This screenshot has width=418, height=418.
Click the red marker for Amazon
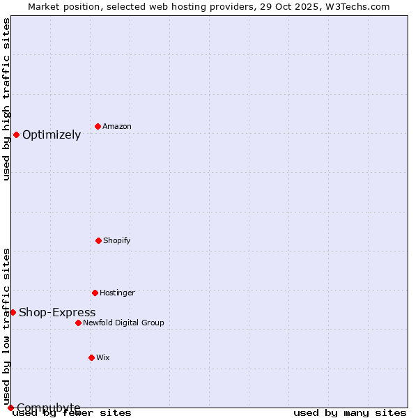point(98,126)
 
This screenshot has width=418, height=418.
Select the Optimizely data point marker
point(16,134)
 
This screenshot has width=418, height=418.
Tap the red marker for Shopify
point(98,240)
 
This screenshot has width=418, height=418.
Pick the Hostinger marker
point(95,293)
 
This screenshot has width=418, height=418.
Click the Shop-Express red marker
point(13,312)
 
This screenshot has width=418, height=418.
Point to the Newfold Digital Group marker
point(78,323)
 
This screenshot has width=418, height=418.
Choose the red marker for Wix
point(91,357)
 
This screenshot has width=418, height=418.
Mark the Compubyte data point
point(10,408)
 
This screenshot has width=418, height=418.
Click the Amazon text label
point(117,126)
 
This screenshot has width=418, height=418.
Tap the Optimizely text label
point(52,135)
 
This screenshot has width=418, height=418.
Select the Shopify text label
point(117,240)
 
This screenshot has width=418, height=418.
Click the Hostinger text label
point(117,293)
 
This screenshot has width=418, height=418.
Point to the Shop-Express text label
point(57,313)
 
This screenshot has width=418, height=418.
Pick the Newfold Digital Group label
point(124,323)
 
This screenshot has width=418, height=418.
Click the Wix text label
point(103,357)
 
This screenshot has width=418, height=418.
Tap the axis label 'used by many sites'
point(350,412)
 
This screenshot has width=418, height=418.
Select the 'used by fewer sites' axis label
point(72,412)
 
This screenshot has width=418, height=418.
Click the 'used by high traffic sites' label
point(6,99)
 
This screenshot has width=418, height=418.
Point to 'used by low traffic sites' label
point(6,326)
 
